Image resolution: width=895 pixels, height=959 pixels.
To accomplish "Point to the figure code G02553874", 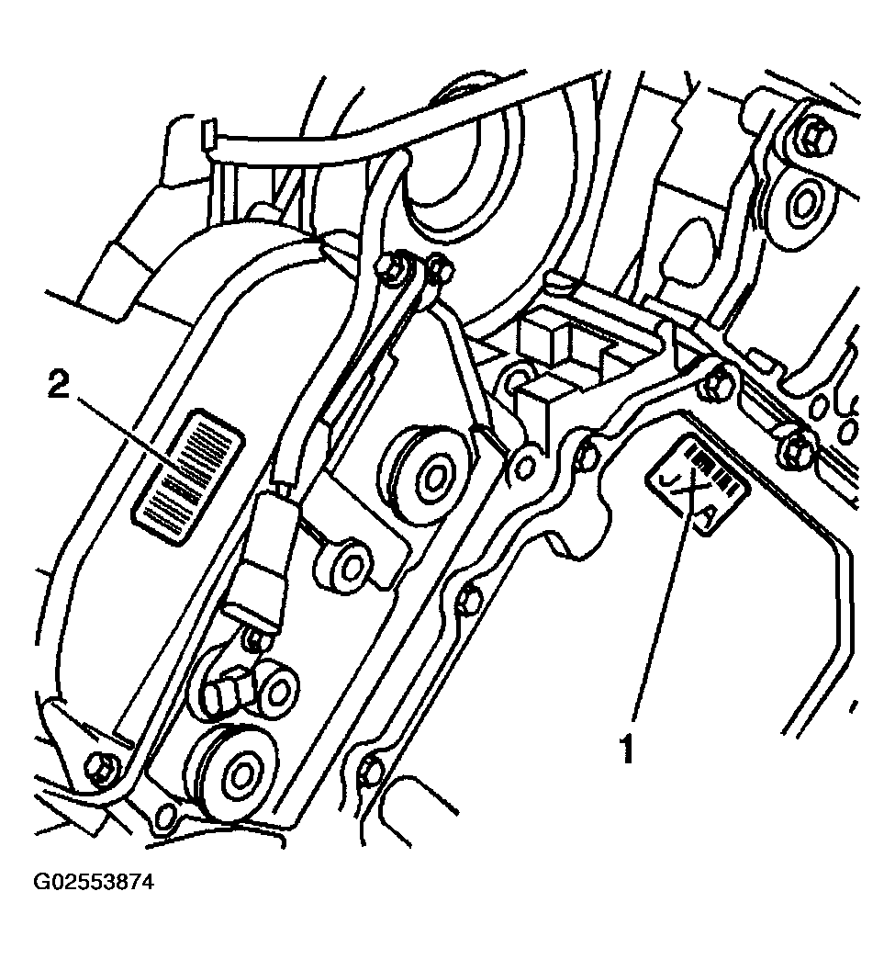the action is click(94, 883).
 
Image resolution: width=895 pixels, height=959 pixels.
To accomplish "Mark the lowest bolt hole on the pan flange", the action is click(371, 772).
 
